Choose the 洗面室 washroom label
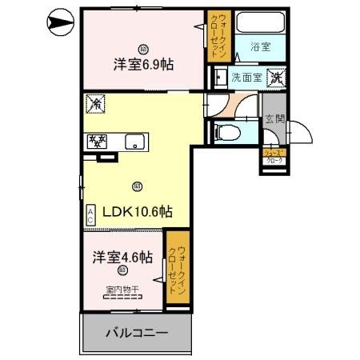pyautogui.click(x=245, y=78)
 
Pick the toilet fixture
pyautogui.click(x=228, y=132)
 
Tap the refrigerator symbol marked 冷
pyautogui.click(x=95, y=103)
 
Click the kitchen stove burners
pyautogui.click(x=97, y=142)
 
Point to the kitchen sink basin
pyautogui.click(x=134, y=143)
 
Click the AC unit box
pyautogui.click(x=90, y=214)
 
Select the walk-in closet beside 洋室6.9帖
pyautogui.click(x=217, y=36)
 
